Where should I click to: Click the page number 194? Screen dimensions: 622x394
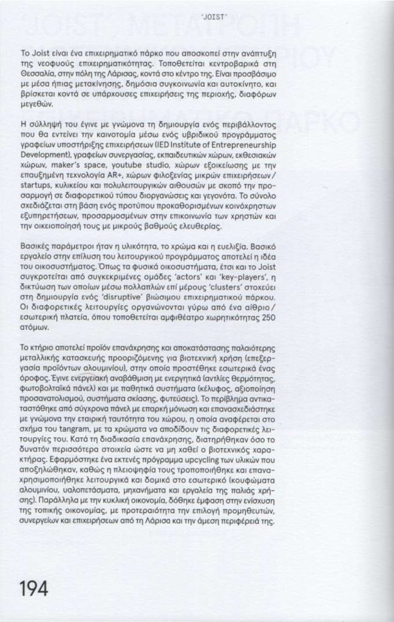[34, 589]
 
